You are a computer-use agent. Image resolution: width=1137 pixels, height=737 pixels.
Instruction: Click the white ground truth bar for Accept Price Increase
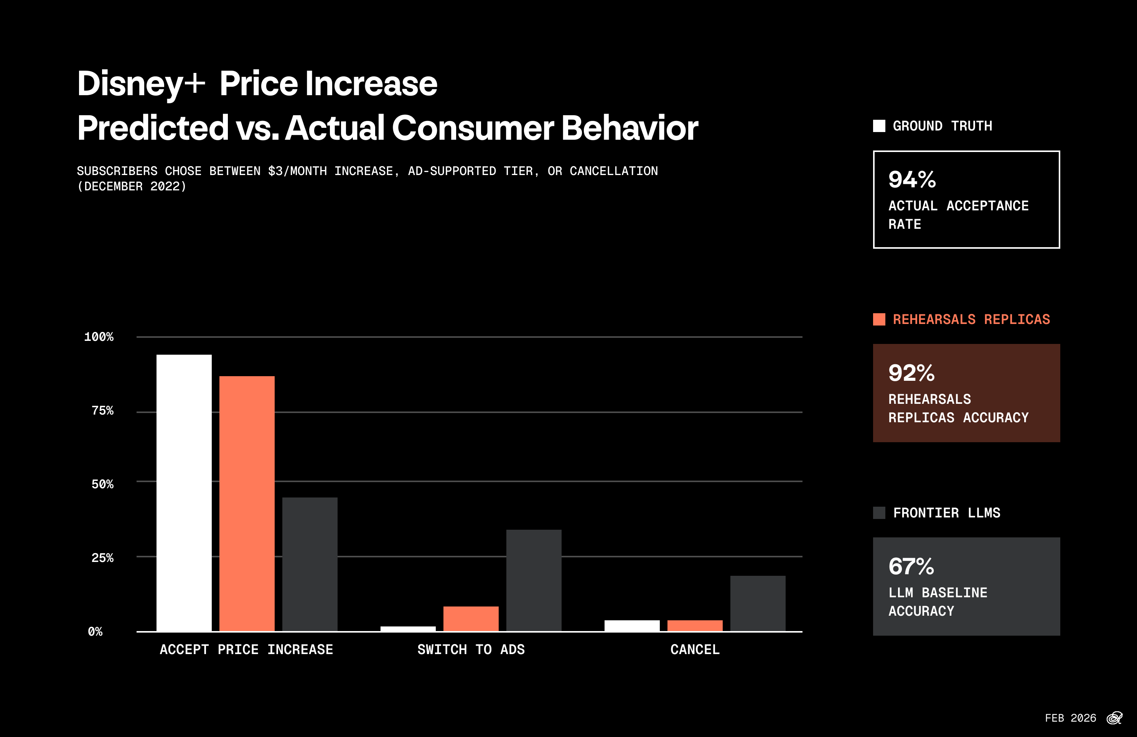[x=184, y=492]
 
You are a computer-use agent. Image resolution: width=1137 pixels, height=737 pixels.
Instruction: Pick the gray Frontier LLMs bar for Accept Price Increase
[x=310, y=564]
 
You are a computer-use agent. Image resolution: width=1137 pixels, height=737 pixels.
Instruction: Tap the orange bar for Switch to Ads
[x=471, y=618]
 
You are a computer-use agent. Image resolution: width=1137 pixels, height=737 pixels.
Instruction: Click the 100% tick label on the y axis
[x=99, y=337]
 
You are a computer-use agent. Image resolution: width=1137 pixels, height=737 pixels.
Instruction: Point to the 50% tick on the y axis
[x=102, y=484]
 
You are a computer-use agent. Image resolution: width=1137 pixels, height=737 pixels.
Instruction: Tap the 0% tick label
[x=95, y=631]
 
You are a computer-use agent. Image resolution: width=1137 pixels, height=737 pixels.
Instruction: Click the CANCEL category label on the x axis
[x=695, y=649]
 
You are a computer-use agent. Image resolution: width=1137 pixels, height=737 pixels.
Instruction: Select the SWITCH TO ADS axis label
[x=471, y=649]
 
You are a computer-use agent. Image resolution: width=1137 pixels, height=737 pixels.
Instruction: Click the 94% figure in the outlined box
[x=911, y=180]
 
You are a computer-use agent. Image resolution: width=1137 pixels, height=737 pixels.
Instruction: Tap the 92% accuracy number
[x=911, y=373]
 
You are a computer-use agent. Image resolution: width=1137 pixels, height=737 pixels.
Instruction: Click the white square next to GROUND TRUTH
[x=879, y=126]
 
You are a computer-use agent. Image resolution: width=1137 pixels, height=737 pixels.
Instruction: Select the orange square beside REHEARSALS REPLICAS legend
[x=879, y=319]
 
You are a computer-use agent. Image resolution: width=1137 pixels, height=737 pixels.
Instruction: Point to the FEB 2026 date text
[x=1070, y=718]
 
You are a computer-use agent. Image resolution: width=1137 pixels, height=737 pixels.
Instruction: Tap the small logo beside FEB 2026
[x=1114, y=718]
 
